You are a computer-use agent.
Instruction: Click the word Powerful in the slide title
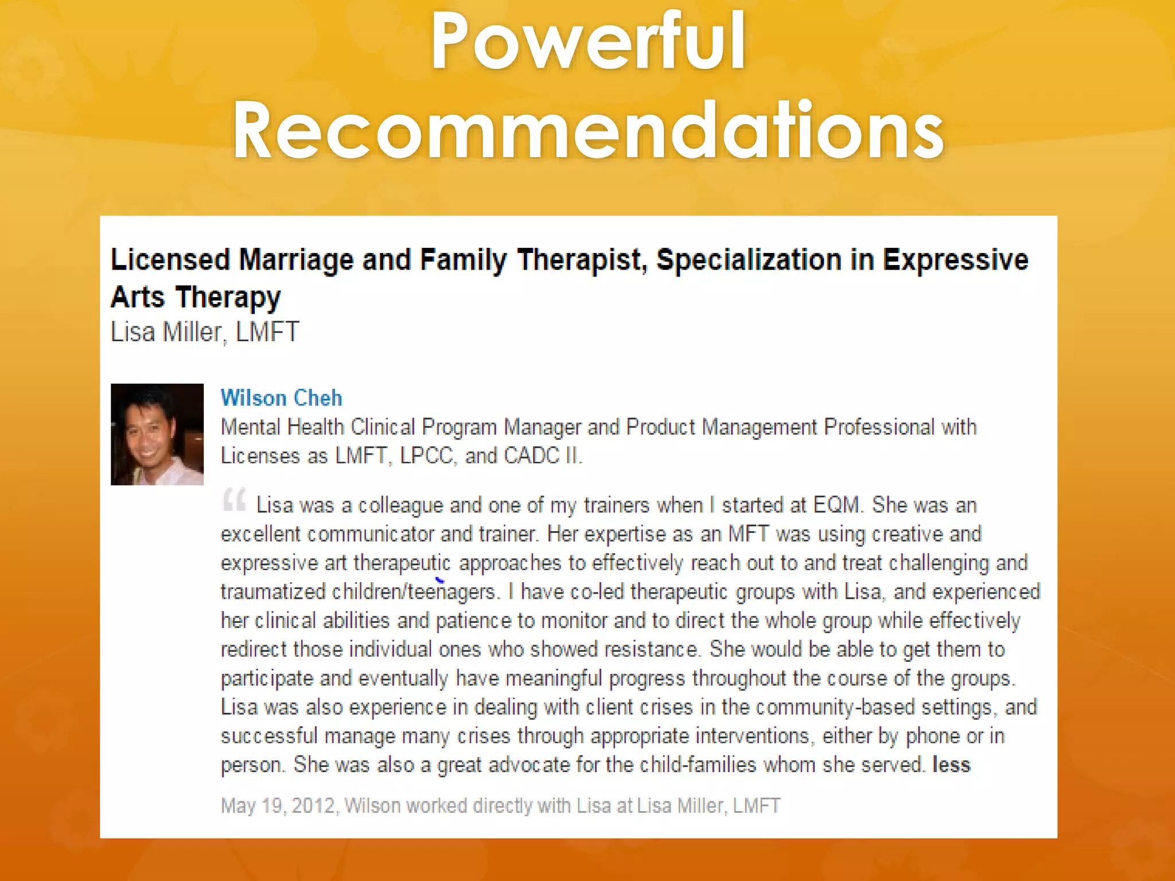(x=588, y=41)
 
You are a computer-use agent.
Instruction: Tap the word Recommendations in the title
(x=588, y=131)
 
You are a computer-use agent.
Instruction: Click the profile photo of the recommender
(x=157, y=434)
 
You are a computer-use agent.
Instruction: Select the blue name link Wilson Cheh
(x=281, y=398)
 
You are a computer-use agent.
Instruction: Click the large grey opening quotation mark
(x=234, y=500)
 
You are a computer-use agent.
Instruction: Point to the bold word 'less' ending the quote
(x=951, y=765)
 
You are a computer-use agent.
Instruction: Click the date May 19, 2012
(x=278, y=806)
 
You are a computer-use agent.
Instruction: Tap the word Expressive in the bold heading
(x=955, y=260)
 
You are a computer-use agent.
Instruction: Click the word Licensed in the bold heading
(x=170, y=260)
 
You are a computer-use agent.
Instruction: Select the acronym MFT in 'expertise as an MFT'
(x=748, y=534)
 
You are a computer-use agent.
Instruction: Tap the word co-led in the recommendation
(x=597, y=592)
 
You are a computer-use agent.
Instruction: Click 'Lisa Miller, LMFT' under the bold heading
(x=205, y=332)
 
